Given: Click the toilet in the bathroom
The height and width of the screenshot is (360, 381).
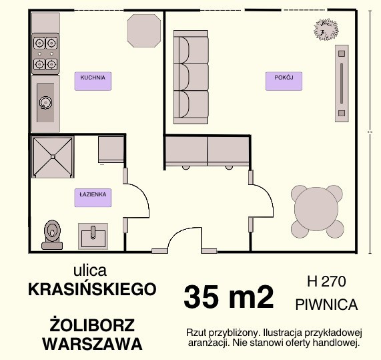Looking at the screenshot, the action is (52, 234).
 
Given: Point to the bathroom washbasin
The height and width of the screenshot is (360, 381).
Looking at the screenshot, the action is (93, 236).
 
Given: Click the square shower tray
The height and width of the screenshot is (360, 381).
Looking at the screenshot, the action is (53, 157).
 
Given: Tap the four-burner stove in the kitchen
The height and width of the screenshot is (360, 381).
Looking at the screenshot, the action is (45, 53).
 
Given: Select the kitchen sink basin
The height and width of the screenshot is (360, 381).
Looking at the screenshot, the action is (45, 103).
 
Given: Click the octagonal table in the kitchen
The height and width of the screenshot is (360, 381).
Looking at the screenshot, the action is (144, 31).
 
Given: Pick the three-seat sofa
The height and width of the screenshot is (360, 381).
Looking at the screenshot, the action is (191, 77).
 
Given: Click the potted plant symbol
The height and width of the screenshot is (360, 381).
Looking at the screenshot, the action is (326, 29).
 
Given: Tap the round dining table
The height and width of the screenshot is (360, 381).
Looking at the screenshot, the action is (316, 209).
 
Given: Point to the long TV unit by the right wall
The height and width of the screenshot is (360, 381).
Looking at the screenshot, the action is (342, 83).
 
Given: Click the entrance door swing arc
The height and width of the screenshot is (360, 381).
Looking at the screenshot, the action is (177, 233).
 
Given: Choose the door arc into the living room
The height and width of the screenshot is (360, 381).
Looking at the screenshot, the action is (268, 194).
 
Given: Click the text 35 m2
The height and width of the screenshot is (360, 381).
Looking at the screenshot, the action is (229, 297).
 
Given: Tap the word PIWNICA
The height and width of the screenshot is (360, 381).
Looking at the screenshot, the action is (326, 305).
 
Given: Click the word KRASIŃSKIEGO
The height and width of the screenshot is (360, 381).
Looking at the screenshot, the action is (92, 289).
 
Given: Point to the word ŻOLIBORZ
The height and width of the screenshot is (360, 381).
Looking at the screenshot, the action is (92, 325).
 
